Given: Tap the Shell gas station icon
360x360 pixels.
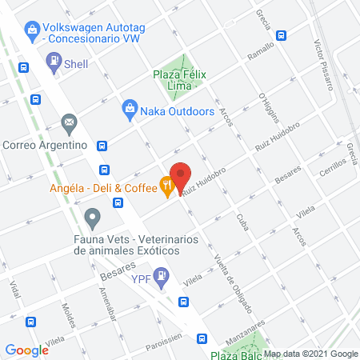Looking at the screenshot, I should point(54,60).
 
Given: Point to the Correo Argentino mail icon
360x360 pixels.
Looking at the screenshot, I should point(69,123).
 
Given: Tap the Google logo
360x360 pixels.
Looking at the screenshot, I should point(27,350).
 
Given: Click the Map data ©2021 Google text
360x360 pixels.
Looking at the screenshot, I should point(311,354).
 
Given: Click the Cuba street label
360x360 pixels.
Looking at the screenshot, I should point(242,222).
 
